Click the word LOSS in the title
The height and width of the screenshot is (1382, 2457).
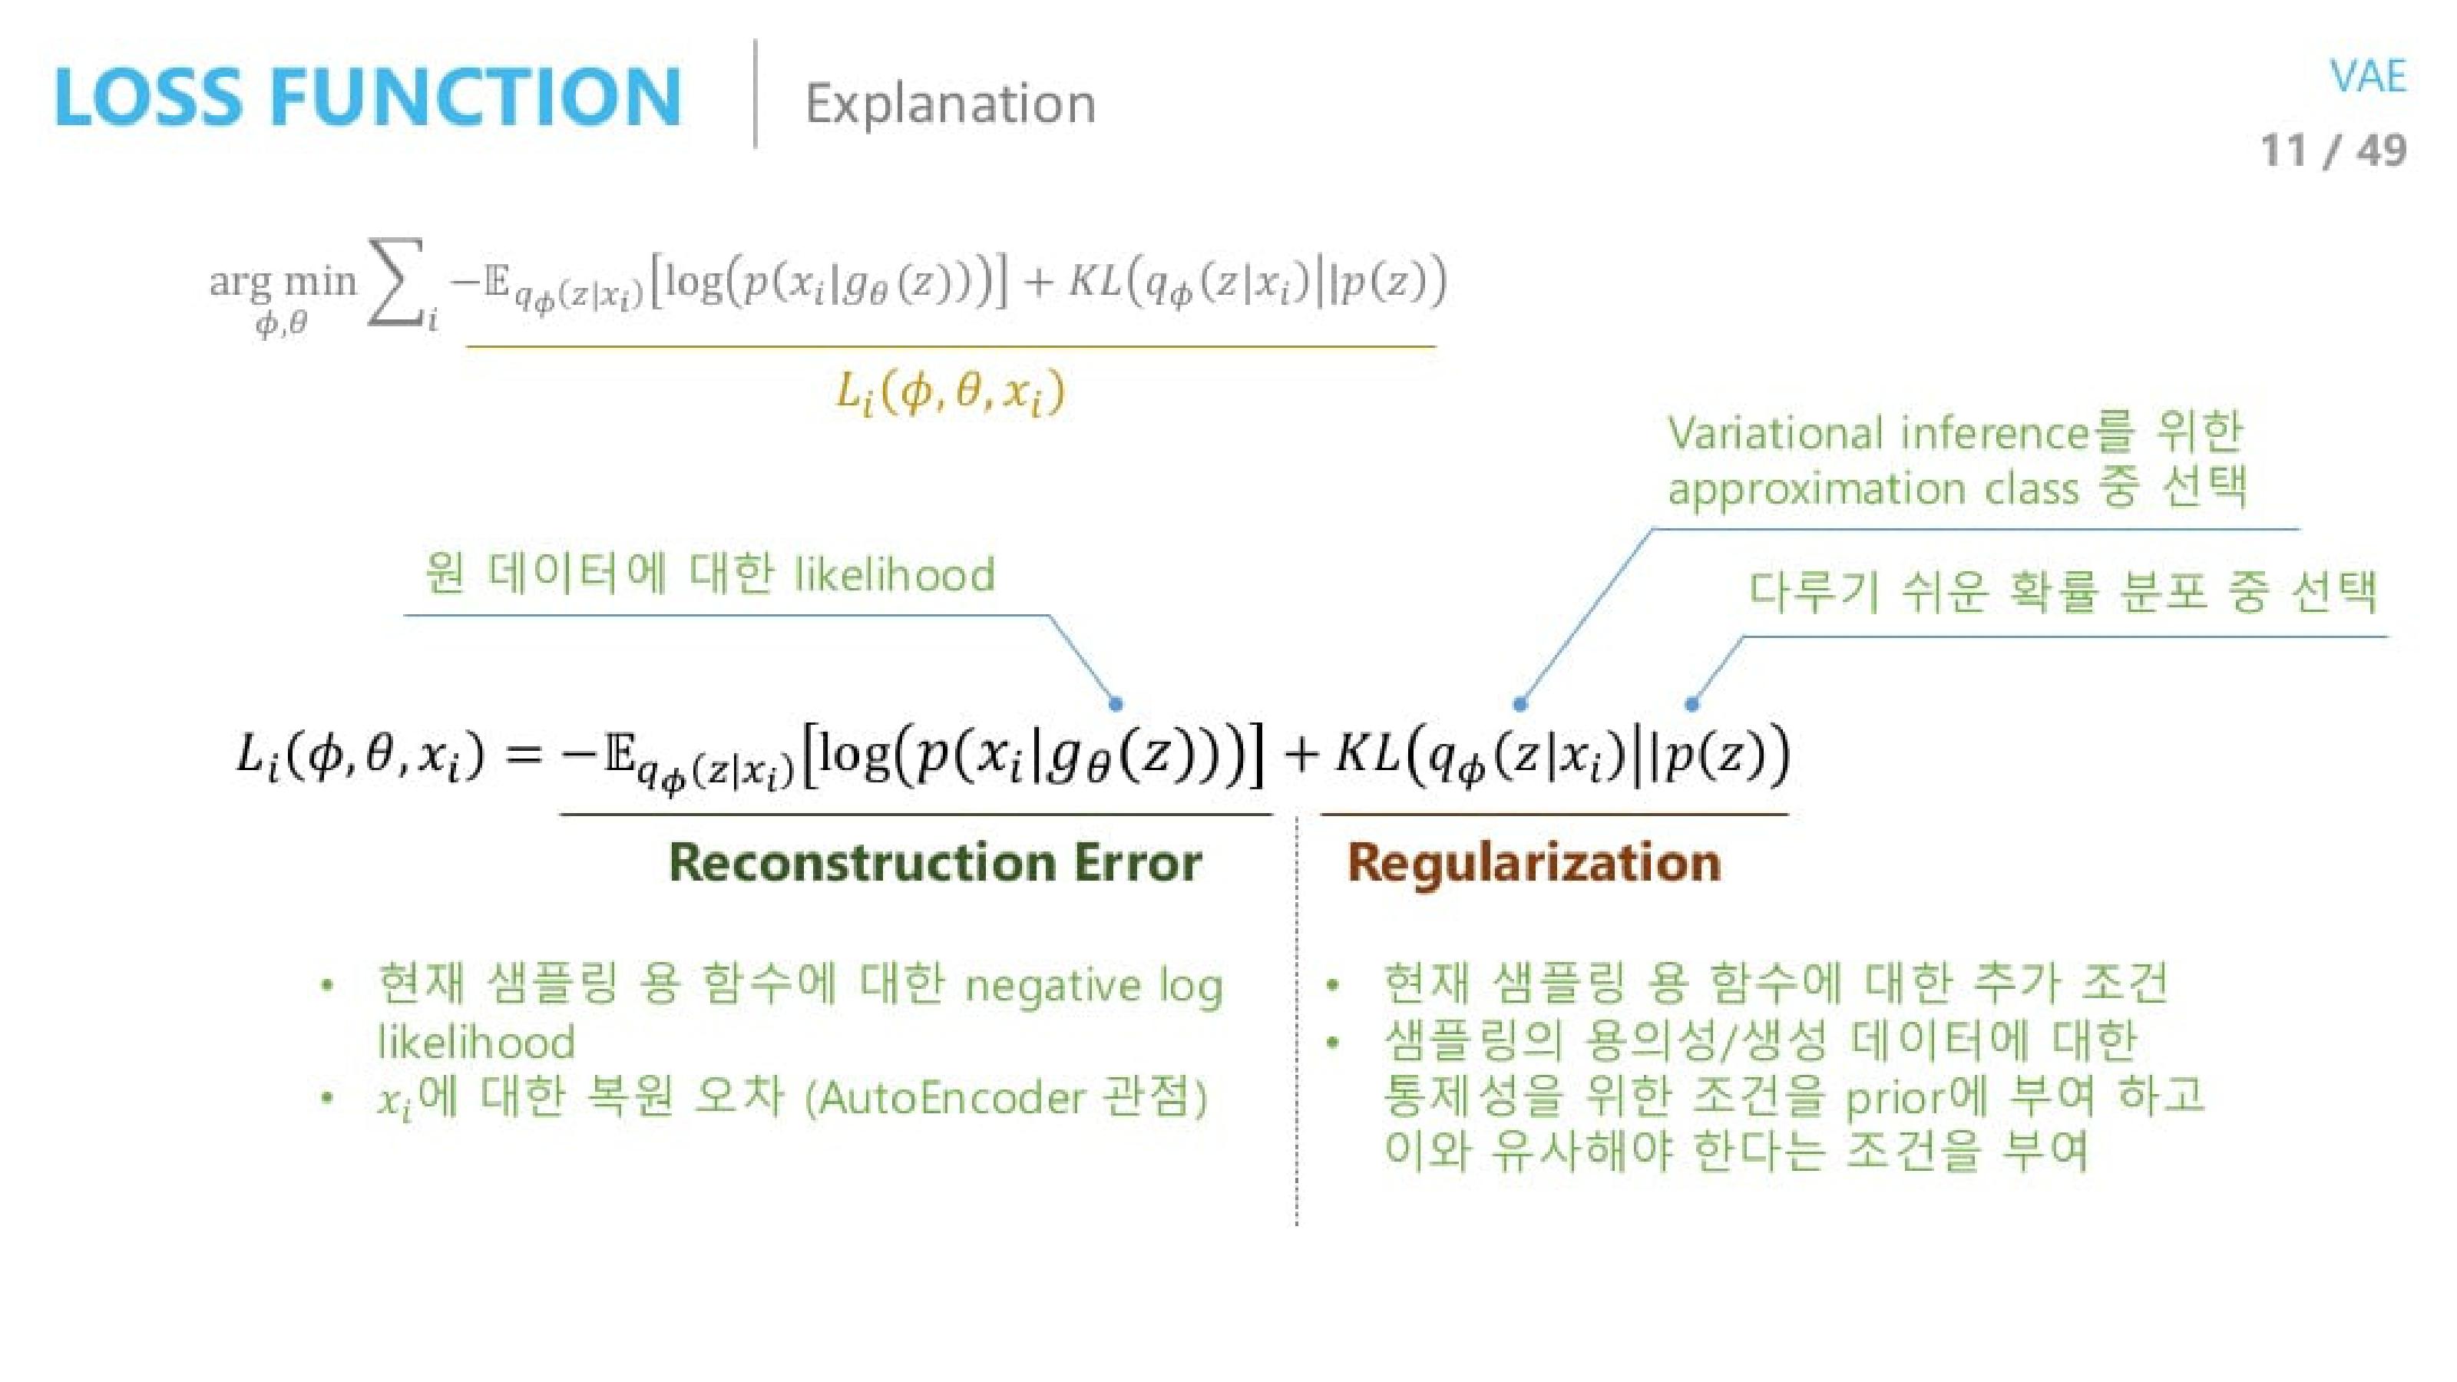click(149, 98)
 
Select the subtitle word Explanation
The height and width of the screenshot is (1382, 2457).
click(950, 103)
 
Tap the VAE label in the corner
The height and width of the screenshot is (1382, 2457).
click(2367, 76)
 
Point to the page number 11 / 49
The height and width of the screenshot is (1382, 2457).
click(2333, 150)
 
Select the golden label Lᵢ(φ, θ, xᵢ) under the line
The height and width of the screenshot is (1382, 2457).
click(950, 393)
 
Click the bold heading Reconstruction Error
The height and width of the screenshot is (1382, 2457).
click(934, 863)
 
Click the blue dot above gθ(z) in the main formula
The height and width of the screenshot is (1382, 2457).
click(1115, 705)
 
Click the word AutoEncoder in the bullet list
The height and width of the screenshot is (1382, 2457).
click(952, 1098)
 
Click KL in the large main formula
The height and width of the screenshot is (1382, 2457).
click(1366, 753)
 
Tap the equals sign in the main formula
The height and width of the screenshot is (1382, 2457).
click(523, 755)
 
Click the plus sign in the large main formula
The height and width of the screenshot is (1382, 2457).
click(1301, 755)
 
